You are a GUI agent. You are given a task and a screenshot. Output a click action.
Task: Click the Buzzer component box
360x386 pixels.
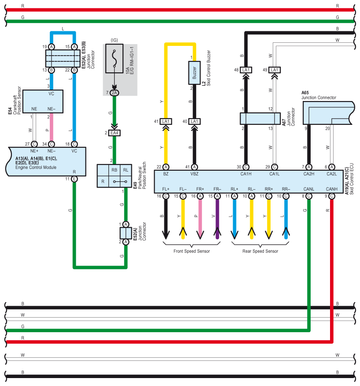click(x=194, y=73)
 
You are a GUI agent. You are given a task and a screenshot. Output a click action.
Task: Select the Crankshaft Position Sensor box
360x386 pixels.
click(x=43, y=101)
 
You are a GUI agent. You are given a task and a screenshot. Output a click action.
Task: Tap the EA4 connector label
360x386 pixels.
click(x=114, y=133)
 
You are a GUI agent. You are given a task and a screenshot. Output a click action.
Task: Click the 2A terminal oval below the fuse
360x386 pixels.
click(x=114, y=93)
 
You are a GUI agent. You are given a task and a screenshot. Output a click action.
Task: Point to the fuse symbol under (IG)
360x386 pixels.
click(x=114, y=59)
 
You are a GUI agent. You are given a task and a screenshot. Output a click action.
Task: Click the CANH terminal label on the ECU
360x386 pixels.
click(x=331, y=189)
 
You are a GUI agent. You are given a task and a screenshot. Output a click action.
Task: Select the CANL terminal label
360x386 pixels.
click(x=308, y=189)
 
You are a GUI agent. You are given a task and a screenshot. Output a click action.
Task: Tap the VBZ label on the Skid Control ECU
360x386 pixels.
click(x=194, y=174)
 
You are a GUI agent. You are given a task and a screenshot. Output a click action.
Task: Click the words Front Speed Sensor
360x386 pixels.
click(x=192, y=251)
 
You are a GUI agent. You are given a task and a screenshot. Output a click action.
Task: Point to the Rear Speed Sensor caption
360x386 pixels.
click(x=260, y=251)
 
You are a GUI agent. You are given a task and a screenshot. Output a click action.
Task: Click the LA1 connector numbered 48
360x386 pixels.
click(x=246, y=70)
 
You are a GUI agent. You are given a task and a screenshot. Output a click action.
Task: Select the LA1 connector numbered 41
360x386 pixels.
click(x=166, y=121)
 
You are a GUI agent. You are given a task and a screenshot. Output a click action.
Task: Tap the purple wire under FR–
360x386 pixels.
click(x=217, y=219)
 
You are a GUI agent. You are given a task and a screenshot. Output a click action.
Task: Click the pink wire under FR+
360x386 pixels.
click(x=200, y=219)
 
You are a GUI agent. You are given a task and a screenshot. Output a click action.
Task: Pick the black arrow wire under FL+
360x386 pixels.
click(x=166, y=219)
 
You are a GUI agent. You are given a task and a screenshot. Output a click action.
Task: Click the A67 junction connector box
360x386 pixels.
click(x=260, y=119)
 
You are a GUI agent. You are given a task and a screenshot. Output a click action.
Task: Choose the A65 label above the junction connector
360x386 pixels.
click(x=305, y=93)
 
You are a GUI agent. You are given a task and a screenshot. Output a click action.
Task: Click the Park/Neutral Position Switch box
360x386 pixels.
click(x=114, y=176)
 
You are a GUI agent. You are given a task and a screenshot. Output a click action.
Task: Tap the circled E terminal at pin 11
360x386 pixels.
click(x=74, y=179)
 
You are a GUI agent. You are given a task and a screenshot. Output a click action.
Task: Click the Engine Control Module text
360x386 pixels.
click(x=36, y=167)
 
